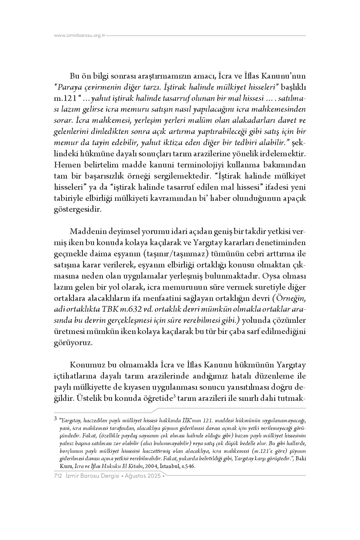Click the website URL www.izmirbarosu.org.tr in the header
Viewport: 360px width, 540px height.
(x=80, y=36)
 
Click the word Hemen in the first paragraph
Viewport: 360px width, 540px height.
(x=66, y=165)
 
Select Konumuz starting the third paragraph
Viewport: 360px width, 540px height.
(x=87, y=365)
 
